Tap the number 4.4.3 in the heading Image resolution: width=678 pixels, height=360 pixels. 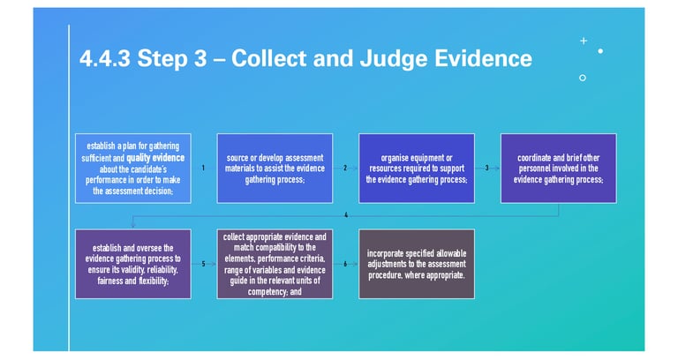[106, 58]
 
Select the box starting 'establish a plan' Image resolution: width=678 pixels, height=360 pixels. [132, 168]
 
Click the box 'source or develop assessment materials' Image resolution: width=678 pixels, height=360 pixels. [275, 168]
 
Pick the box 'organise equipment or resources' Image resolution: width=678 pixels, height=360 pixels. [416, 168]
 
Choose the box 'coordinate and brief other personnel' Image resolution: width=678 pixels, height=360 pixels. [558, 168]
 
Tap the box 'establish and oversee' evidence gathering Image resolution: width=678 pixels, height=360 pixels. [132, 264]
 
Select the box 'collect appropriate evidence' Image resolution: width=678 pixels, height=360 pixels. [275, 264]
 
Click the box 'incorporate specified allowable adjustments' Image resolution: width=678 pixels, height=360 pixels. [416, 264]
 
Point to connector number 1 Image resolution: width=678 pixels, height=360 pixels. [203, 168]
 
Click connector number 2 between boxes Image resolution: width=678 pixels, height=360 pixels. [345, 168]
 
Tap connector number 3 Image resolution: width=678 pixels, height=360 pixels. [486, 168]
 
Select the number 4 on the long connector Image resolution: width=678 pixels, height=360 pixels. [345, 215]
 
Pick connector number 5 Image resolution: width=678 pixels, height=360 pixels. [203, 264]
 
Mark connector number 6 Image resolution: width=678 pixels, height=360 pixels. [345, 264]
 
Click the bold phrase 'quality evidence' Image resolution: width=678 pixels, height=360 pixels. [156, 158]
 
